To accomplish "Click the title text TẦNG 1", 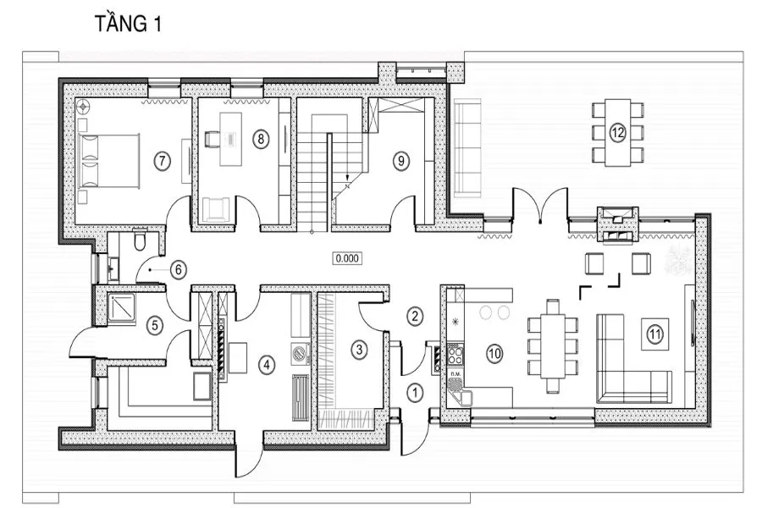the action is (x=128, y=24).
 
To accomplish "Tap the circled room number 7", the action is (x=162, y=160).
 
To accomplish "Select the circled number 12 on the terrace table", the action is (x=618, y=132).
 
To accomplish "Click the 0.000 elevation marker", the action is (x=347, y=258).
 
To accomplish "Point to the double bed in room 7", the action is (x=109, y=161).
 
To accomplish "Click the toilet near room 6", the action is (x=140, y=240).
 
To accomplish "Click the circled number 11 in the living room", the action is (x=655, y=334).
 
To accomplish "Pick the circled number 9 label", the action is (x=401, y=160).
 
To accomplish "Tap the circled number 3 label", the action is (x=359, y=349).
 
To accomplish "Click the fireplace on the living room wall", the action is (x=617, y=224).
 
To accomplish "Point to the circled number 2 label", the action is (x=415, y=317).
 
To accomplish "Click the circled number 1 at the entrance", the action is (x=415, y=393).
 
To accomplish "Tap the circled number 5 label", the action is (x=155, y=324).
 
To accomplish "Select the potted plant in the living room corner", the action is (x=678, y=258).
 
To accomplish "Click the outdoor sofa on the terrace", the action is (x=467, y=147).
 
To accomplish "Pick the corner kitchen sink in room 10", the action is (x=460, y=392).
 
